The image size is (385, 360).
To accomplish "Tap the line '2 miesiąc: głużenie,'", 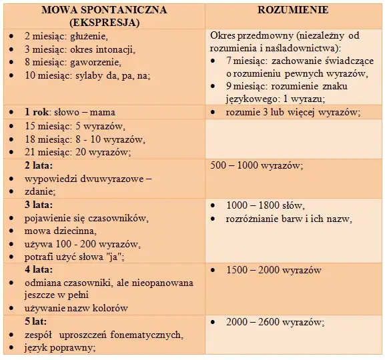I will pyautogui.click(x=66, y=36).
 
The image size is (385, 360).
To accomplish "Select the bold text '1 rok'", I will pyautogui.click(x=37, y=112).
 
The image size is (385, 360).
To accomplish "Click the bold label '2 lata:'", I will pyautogui.click(x=39, y=165).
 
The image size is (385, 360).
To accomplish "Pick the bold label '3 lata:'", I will pyautogui.click(x=39, y=205).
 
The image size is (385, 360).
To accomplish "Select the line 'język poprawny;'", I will pyautogui.click(x=59, y=347).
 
